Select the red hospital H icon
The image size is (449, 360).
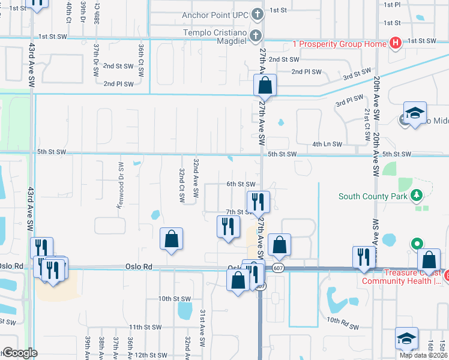tap(395, 43)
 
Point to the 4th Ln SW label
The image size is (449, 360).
tap(327, 145)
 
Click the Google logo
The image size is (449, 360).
tap(20, 353)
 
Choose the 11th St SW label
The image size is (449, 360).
tap(146, 327)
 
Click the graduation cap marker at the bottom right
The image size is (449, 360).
tap(406, 339)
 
